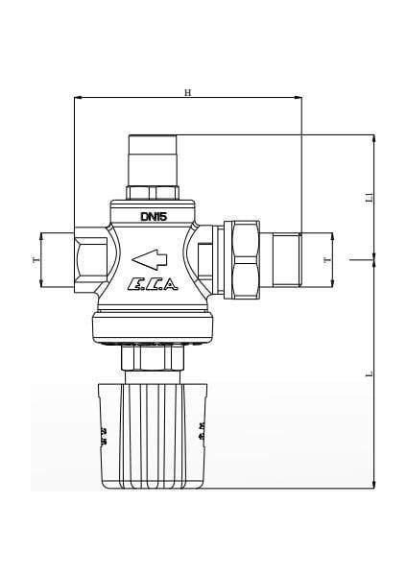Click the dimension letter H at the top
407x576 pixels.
(x=188, y=92)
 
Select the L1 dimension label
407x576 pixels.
(x=370, y=197)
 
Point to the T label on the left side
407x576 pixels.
(x=36, y=260)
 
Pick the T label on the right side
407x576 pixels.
(x=326, y=260)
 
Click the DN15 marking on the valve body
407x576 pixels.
(x=154, y=217)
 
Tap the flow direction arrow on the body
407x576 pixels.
(x=149, y=257)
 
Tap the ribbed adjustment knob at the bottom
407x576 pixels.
(x=154, y=437)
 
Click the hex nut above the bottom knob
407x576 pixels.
(x=154, y=358)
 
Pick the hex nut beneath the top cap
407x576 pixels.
(x=154, y=190)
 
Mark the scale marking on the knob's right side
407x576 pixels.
(x=202, y=429)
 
